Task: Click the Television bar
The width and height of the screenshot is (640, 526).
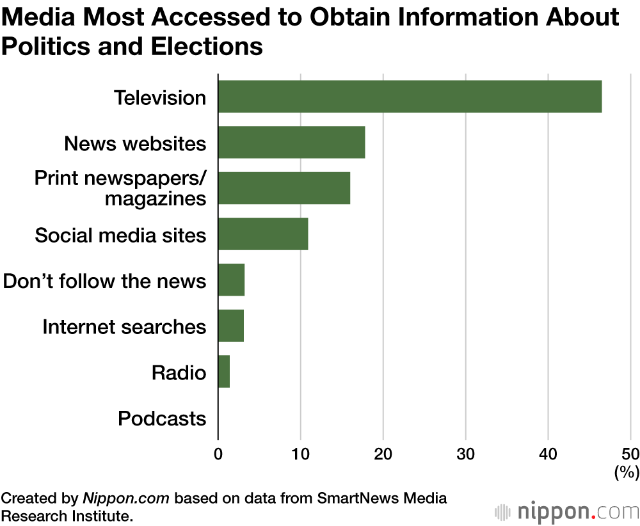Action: click(410, 97)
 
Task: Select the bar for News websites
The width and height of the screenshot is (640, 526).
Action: click(291, 143)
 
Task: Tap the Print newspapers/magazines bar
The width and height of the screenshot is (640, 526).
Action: click(284, 188)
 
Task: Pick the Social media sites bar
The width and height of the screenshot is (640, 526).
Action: click(263, 234)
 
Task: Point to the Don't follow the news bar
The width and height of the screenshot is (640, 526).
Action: click(231, 280)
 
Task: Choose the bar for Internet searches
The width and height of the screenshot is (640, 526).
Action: click(231, 326)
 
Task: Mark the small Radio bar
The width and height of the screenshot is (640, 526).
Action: click(224, 372)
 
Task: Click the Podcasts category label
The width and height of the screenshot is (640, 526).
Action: click(162, 418)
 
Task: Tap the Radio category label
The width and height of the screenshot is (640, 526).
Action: click(179, 372)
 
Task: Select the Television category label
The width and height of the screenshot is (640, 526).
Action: click(160, 98)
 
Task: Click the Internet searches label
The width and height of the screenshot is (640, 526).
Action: click(124, 327)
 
